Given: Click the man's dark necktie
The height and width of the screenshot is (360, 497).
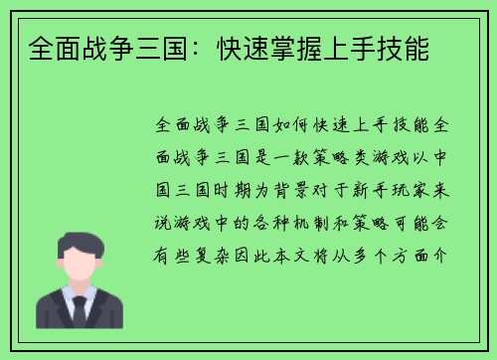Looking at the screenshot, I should [79, 309].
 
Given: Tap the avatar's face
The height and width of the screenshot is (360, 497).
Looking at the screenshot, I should [79, 264].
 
